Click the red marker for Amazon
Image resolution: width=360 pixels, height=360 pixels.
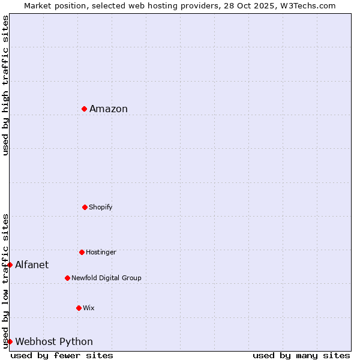coord(85,109)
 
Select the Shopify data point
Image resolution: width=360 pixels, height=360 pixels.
coord(85,207)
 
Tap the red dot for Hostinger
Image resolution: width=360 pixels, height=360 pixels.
coord(82,252)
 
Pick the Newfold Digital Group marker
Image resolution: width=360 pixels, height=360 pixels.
coord(67,278)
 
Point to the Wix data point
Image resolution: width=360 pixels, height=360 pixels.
coord(79,308)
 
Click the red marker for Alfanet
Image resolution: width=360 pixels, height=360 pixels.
coord(10,265)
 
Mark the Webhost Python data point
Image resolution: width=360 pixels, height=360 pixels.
coord(10,341)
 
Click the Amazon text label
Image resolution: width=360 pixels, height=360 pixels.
coord(109,109)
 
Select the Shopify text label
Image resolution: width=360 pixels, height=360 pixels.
coord(101,207)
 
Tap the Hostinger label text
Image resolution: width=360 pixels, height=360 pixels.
coord(101,252)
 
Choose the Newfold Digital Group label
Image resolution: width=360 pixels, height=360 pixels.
coord(106,278)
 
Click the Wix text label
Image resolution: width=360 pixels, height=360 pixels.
coord(89,308)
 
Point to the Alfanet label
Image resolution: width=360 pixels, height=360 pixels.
coord(32,265)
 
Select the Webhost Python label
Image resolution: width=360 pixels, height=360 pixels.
coord(54,341)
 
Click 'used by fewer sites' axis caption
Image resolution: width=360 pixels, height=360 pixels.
coord(62,355)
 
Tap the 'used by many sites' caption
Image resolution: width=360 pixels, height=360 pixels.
coord(301,355)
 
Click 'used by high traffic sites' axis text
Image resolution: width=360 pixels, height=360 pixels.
coord(5,85)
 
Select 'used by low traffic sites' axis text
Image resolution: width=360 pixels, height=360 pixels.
coord(5,280)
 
